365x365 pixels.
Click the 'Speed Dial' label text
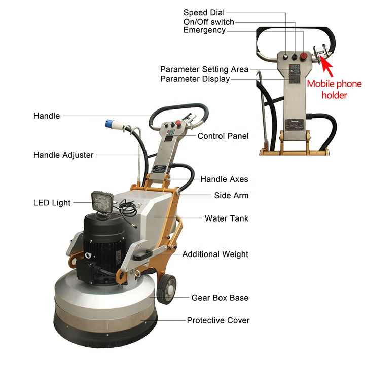[x=204, y=12]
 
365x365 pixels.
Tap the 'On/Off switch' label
[x=208, y=22]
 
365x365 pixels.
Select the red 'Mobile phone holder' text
[x=334, y=89]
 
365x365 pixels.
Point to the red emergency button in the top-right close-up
[x=304, y=56]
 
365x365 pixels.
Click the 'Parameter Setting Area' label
[x=204, y=69]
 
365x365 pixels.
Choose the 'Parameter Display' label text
[x=195, y=79]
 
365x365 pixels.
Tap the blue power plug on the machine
[x=109, y=123]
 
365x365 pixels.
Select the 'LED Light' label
[x=52, y=202]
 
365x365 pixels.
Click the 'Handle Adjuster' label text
[x=63, y=155]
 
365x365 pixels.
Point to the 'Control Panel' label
[x=223, y=136]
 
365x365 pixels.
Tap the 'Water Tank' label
[x=227, y=218]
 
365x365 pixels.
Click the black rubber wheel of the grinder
[x=166, y=288]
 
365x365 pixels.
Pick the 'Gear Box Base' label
[x=220, y=298]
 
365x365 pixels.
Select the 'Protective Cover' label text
[x=218, y=320]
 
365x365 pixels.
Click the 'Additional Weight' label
[x=215, y=254]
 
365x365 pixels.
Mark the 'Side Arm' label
[x=231, y=195]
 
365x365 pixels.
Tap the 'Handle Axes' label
[x=224, y=179]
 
